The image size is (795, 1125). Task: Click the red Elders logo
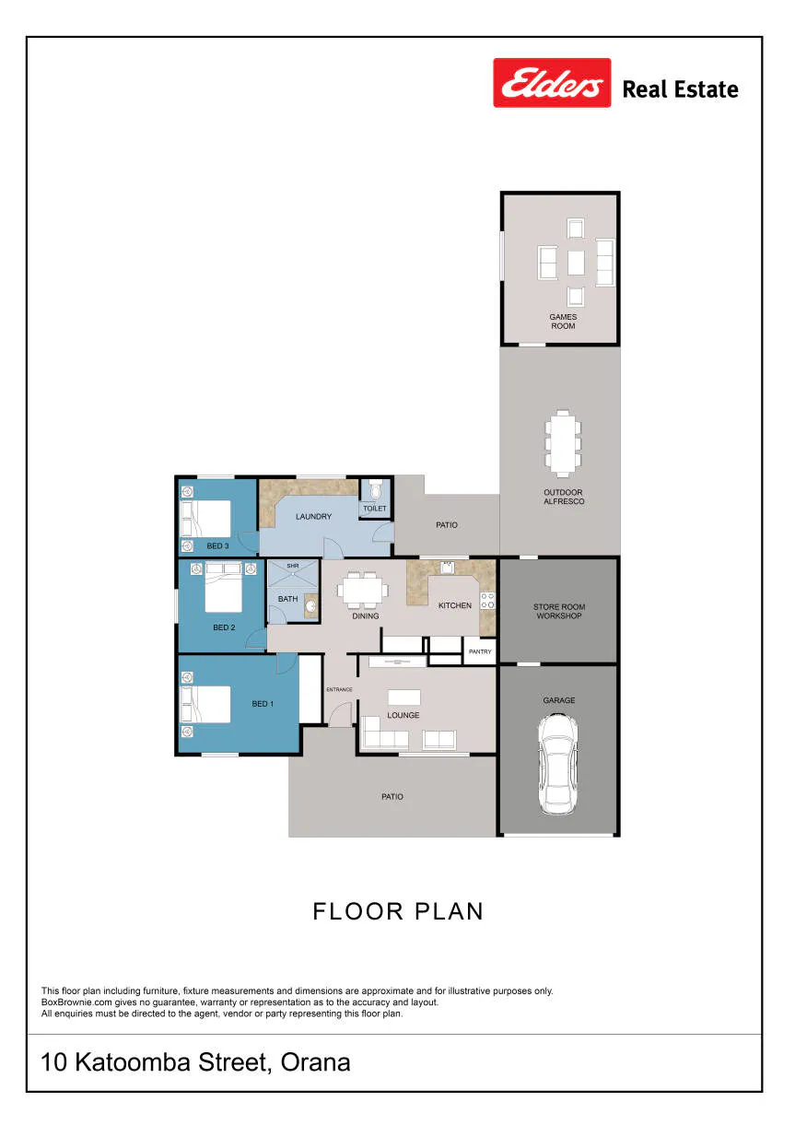pyautogui.click(x=552, y=83)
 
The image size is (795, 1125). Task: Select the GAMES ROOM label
pyautogui.click(x=563, y=322)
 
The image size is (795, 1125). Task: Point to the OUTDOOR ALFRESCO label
pyautogui.click(x=564, y=497)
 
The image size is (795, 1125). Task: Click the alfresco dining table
pyautogui.click(x=563, y=443)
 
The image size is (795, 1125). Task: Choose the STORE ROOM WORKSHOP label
pyautogui.click(x=559, y=611)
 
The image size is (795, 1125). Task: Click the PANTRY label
pyautogui.click(x=480, y=651)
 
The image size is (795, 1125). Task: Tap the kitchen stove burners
pyautogui.click(x=487, y=601)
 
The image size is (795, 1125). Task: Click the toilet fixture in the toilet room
pyautogui.click(x=375, y=489)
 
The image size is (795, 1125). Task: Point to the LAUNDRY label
pyautogui.click(x=313, y=516)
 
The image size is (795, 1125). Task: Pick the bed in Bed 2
pyautogui.click(x=224, y=587)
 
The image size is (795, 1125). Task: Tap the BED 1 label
pyautogui.click(x=263, y=704)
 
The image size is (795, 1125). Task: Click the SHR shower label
pyautogui.click(x=292, y=566)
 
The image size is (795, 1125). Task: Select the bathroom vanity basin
pyautogui.click(x=310, y=605)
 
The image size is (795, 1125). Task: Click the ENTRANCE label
pyautogui.click(x=339, y=689)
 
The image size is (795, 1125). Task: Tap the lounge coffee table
pyautogui.click(x=403, y=697)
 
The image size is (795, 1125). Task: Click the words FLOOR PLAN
pyautogui.click(x=398, y=911)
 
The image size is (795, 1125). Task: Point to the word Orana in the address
pyautogui.click(x=315, y=1062)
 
